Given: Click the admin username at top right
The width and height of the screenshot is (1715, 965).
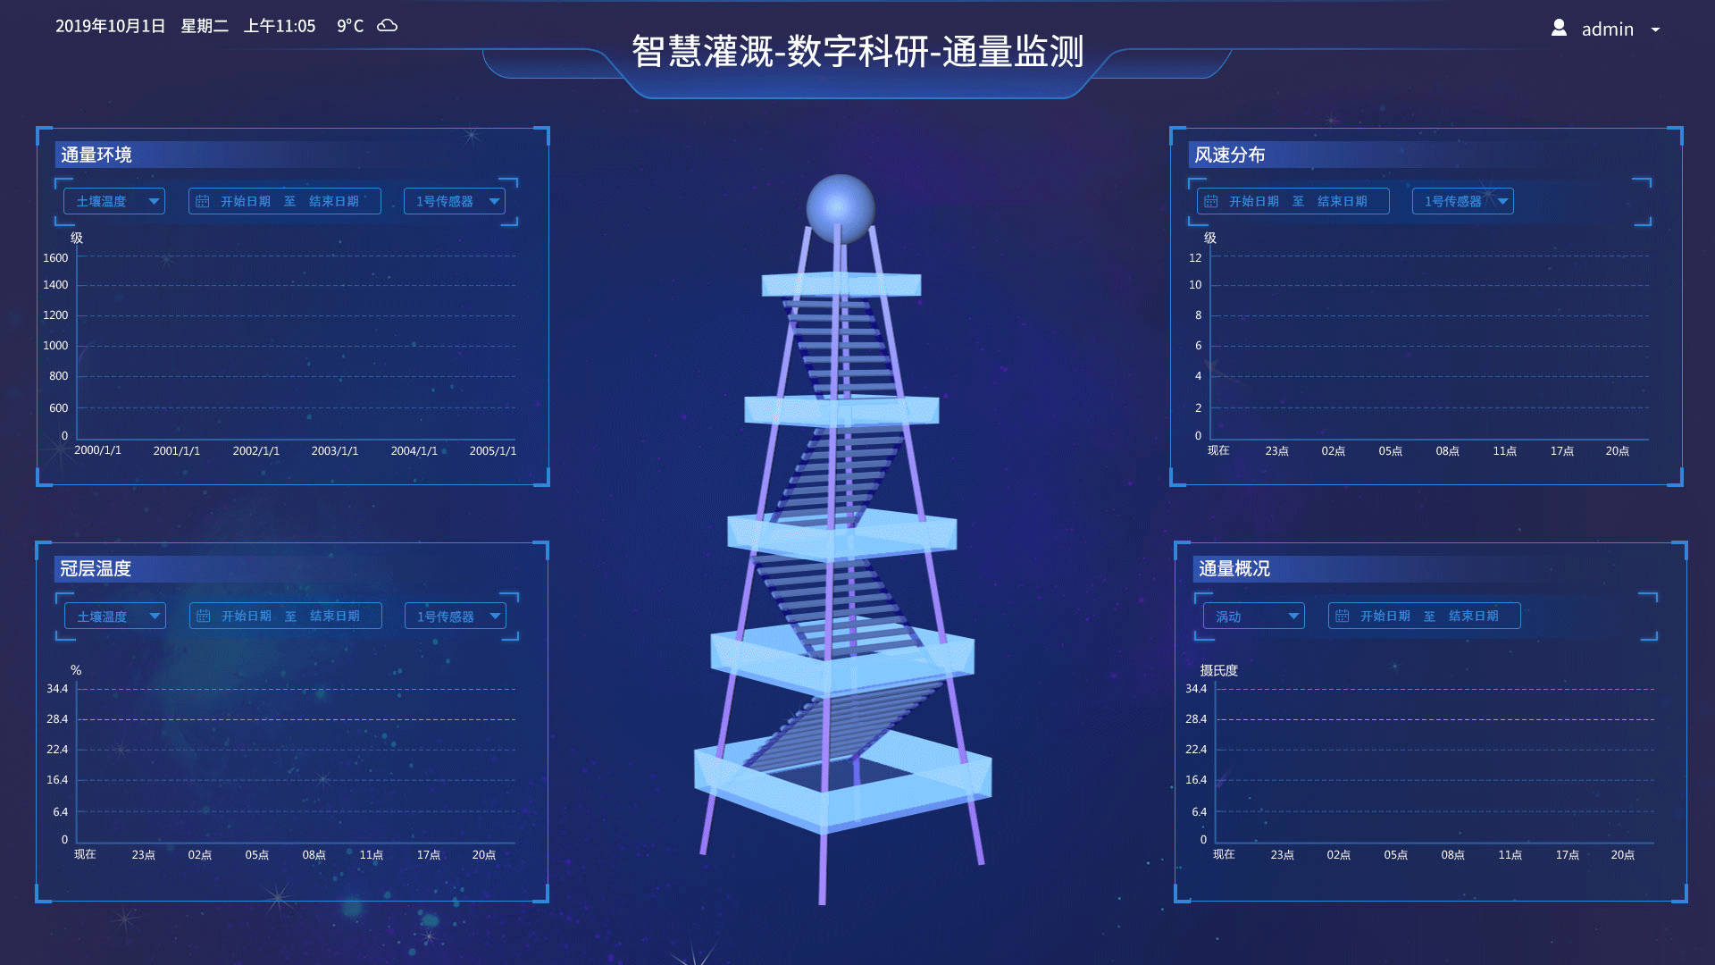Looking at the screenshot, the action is point(1607,29).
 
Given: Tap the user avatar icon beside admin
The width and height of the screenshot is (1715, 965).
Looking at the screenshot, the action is point(1559,28).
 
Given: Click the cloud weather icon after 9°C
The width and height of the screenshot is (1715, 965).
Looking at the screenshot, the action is point(388,26).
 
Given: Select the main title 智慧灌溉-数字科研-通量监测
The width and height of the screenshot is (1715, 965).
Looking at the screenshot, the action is point(857,52).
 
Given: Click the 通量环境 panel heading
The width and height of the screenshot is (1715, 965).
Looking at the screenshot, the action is point(96,155).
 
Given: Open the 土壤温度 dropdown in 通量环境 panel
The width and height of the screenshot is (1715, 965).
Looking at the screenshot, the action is point(114,201).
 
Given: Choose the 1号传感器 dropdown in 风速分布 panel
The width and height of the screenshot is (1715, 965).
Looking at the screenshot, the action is point(1463,201).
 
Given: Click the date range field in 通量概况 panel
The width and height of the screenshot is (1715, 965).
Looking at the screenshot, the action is point(1424,616).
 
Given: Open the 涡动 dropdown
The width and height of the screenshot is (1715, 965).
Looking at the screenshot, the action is point(1254,616).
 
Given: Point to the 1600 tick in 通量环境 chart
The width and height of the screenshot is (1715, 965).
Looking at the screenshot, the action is point(55,258).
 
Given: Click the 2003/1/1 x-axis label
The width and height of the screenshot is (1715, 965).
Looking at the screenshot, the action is point(335,451).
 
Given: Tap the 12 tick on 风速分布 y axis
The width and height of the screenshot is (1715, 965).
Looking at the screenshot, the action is point(1195,258).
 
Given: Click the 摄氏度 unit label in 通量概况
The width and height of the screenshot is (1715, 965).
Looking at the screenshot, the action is point(1218,670).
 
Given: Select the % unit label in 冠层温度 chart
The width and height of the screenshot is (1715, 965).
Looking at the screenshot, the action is point(76,670).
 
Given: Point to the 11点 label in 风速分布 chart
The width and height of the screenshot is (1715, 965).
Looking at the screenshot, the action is point(1505,451).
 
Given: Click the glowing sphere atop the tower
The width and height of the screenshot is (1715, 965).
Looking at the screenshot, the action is point(841,208).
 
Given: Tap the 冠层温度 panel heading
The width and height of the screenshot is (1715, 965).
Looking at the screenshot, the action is point(96,568).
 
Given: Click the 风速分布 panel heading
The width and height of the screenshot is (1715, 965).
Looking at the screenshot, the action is point(1230,155).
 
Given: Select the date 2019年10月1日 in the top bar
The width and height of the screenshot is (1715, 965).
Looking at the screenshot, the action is point(111,26).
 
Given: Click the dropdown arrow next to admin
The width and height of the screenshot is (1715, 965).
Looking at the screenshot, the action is point(1655,30).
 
